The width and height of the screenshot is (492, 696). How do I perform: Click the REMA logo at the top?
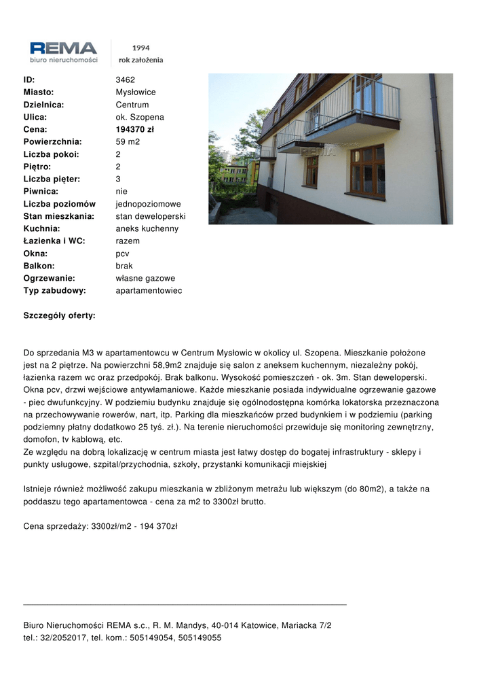pos(64,49)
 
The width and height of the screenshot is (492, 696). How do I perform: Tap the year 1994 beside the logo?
pos(141,48)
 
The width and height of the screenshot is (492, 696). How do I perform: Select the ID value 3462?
pos(126,80)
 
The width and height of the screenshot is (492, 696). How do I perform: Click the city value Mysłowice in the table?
pos(136,92)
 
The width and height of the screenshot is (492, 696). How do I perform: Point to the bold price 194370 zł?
pos(135,129)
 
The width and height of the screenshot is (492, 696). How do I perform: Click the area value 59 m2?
pos(128,141)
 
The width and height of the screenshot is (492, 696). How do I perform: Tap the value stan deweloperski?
pos(151,216)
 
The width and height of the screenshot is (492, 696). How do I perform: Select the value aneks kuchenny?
pos(147,228)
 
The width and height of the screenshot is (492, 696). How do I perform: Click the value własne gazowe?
pos(145,278)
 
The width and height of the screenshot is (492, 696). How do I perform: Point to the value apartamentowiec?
pos(149,290)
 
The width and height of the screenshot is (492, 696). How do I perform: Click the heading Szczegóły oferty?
pos(59,315)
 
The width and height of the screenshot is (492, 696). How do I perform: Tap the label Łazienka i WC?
pos(54,241)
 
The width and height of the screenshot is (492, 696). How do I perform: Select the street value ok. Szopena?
pos(140,117)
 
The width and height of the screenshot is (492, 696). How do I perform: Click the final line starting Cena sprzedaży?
pos(100,526)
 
